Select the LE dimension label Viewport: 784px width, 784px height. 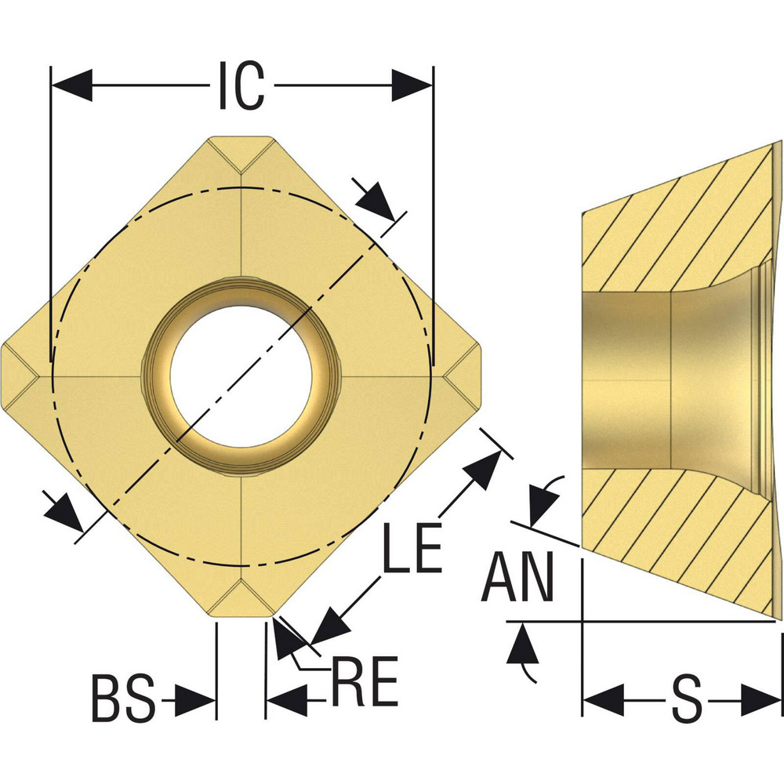coord(413,550)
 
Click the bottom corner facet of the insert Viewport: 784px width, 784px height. coord(241,601)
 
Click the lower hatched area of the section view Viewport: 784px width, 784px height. coord(674,533)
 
